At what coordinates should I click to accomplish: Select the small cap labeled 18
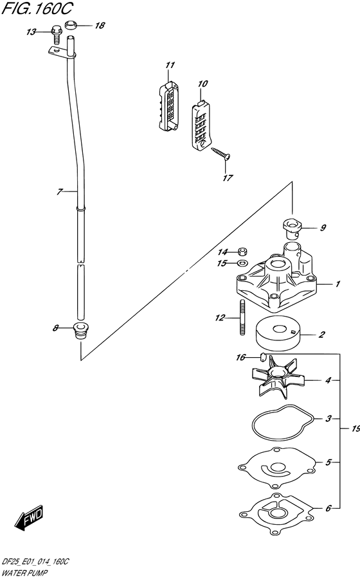(70, 26)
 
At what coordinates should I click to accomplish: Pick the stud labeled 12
(242, 317)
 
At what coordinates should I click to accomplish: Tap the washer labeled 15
(242, 263)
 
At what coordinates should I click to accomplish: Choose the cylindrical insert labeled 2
(278, 334)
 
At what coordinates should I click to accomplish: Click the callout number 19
(355, 428)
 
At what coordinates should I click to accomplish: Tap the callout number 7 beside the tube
(59, 191)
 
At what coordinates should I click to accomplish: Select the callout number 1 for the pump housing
(337, 284)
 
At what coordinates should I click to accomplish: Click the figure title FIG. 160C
(37, 8)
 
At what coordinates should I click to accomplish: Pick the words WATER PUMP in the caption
(24, 573)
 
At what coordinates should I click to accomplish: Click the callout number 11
(170, 65)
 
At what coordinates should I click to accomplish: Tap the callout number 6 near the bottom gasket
(328, 508)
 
